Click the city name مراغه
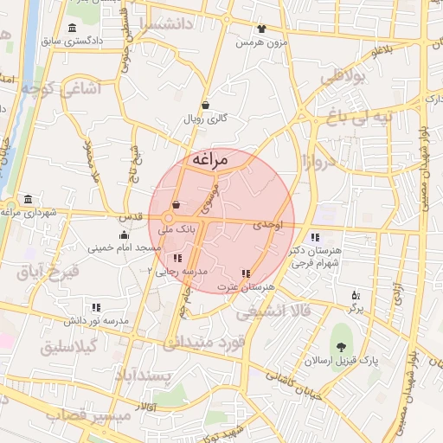coord(209,160)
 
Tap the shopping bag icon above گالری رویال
coord(205,105)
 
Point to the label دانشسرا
coord(173,24)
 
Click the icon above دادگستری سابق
coord(72,28)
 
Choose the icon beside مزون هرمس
coord(262,29)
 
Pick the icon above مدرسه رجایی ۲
coord(178,258)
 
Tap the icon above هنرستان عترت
coord(247,273)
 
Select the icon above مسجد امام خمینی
coord(125,234)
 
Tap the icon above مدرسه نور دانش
coord(96,307)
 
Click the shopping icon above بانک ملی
coord(177,205)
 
